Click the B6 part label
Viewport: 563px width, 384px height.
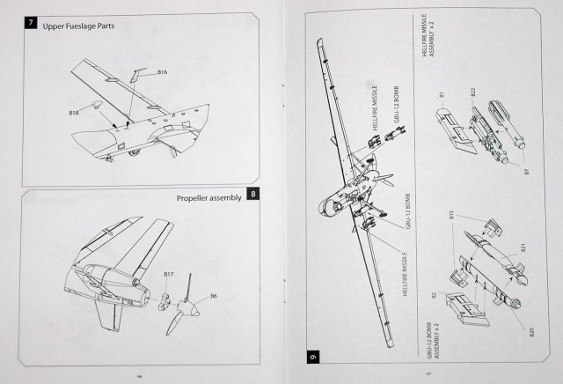[213, 296]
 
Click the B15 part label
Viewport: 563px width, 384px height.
[452, 214]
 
